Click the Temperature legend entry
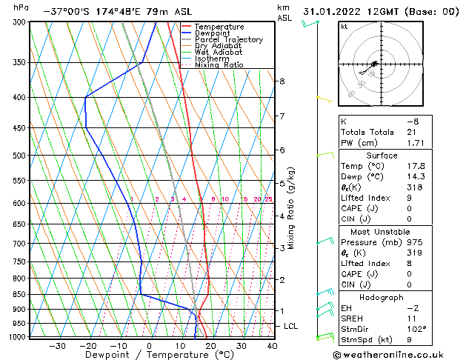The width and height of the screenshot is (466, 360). click(x=219, y=27)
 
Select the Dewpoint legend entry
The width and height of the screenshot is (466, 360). click(x=214, y=33)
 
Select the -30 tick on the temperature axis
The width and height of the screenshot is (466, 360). click(x=57, y=346)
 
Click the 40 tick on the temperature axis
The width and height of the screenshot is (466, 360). click(x=272, y=346)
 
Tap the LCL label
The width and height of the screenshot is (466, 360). click(x=291, y=326)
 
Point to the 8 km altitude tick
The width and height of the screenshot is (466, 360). click(x=282, y=81)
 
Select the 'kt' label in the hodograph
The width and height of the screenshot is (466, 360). click(x=344, y=27)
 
